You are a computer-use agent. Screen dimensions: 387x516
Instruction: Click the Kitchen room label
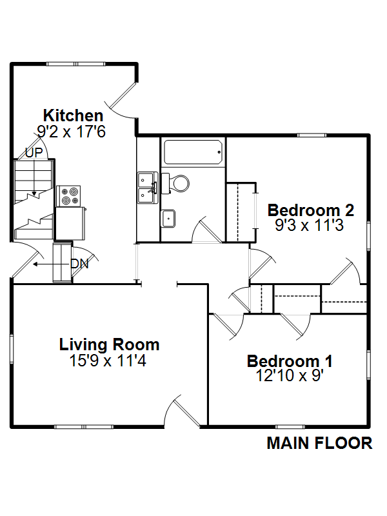(74, 115)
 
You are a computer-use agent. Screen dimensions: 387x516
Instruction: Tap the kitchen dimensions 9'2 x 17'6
(71, 132)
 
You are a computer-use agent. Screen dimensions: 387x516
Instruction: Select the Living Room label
(109, 344)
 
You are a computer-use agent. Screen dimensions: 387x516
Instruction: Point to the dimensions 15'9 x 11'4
(108, 361)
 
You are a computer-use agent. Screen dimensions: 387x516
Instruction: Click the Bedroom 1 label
(290, 361)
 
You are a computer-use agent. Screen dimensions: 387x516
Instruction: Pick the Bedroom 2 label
(311, 210)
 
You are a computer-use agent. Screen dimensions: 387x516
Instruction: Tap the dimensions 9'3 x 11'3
(310, 225)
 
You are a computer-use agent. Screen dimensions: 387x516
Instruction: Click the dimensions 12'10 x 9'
(290, 375)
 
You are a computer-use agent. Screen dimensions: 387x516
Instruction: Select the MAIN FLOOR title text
(319, 443)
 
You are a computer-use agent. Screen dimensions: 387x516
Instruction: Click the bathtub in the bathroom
(193, 152)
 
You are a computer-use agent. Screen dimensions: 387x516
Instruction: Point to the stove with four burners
(68, 196)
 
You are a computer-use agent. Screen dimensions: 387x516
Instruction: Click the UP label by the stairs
(34, 153)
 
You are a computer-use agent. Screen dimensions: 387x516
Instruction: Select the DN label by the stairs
(79, 264)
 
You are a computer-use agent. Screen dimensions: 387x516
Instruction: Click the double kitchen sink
(148, 188)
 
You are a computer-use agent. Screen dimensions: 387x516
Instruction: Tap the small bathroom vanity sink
(168, 218)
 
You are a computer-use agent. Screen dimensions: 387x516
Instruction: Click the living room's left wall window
(12, 349)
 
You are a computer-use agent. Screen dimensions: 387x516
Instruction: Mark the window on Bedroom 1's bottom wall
(290, 427)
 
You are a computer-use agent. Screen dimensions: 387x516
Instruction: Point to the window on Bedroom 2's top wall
(312, 135)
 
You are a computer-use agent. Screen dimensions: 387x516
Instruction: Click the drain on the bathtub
(219, 152)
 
